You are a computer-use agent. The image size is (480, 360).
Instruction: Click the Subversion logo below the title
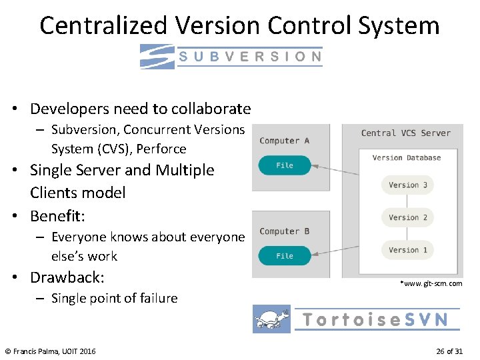click(x=231, y=56)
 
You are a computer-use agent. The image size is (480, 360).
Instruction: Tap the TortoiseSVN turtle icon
click(x=272, y=319)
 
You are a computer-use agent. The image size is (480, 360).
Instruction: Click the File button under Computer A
click(x=285, y=165)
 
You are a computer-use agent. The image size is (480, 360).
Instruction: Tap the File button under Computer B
click(x=285, y=255)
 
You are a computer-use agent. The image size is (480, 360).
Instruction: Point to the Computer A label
click(x=284, y=141)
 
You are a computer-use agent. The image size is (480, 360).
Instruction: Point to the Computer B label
click(x=284, y=231)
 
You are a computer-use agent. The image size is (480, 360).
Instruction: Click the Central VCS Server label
click(x=405, y=133)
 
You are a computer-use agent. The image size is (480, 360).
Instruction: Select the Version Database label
click(x=407, y=158)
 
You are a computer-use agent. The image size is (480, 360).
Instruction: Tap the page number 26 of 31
click(x=449, y=351)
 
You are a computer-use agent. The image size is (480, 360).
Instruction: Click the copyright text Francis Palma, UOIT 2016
click(x=50, y=351)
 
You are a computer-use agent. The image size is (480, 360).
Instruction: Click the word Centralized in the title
click(x=104, y=26)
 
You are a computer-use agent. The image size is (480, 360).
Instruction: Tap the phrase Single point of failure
click(x=115, y=298)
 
